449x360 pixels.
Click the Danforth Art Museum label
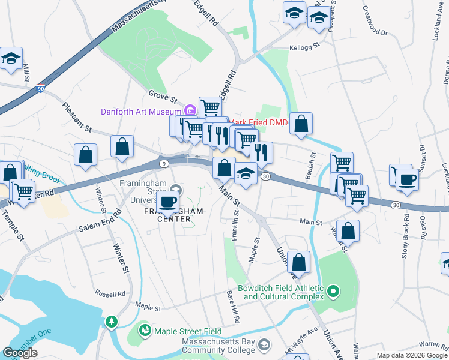pos(141,112)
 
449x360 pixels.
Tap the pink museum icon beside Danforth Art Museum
pos(190,110)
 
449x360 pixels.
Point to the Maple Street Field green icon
pos(145,330)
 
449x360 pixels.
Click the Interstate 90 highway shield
pos(40,88)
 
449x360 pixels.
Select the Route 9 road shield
pos(164,163)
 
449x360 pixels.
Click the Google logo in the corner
pos(20,353)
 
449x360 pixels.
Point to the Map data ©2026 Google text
pos(411,355)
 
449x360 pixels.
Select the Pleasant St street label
pos(77,116)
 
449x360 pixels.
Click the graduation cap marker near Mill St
pos(11,59)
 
